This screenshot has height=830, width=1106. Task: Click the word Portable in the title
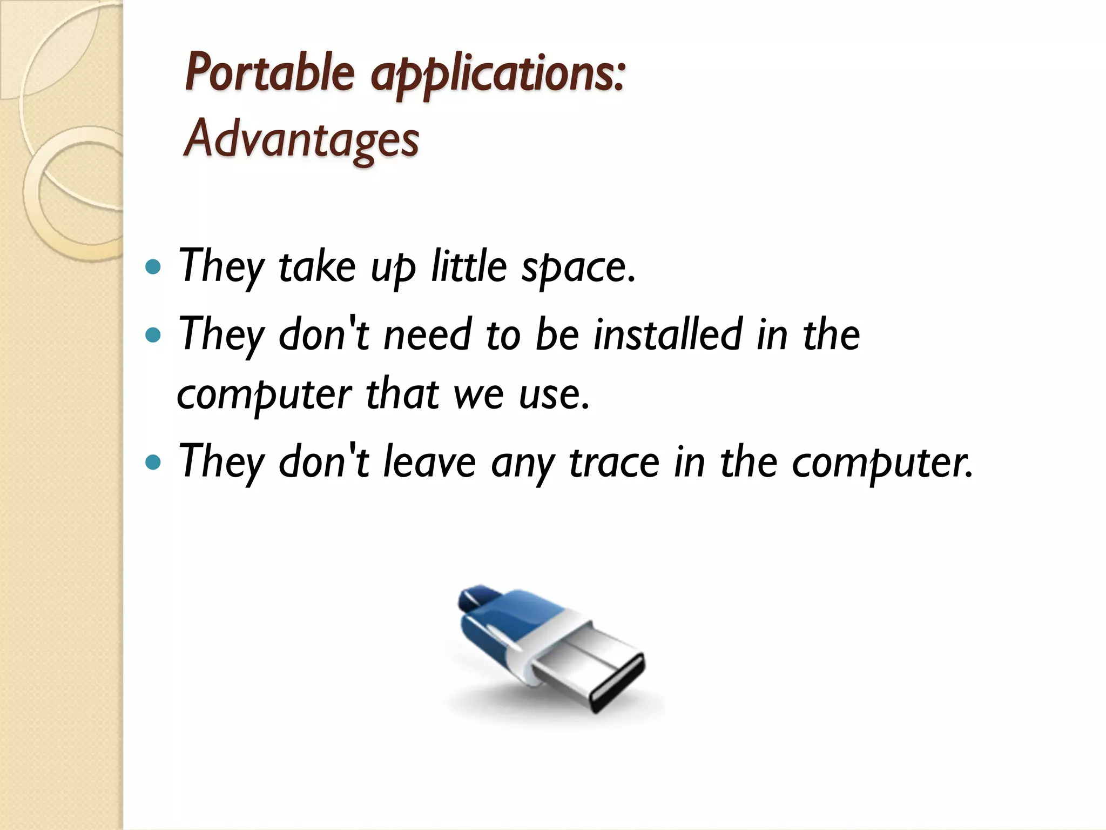269,73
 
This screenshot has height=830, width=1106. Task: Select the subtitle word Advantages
301,139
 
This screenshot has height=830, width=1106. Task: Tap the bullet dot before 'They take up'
153,267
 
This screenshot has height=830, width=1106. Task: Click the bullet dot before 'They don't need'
153,336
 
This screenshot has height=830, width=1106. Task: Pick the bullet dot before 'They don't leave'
153,463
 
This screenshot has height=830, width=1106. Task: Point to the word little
469,266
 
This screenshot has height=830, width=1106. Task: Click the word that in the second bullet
402,394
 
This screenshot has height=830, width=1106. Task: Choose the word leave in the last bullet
429,463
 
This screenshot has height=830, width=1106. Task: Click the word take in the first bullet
317,266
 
